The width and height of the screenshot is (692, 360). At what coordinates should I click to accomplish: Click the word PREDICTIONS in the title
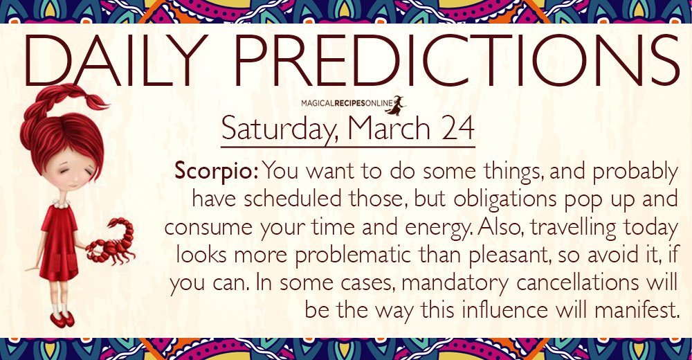456,60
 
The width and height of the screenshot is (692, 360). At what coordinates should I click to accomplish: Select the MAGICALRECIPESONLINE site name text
347,103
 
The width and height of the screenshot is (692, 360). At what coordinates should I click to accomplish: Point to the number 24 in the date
458,127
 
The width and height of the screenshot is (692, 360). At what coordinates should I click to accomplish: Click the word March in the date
388,127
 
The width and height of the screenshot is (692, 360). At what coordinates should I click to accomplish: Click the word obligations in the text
505,199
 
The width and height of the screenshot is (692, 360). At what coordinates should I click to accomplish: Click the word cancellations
577,282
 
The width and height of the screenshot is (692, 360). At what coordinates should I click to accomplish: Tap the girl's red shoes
62,319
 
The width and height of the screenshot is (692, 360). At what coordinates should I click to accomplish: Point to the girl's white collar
61,202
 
